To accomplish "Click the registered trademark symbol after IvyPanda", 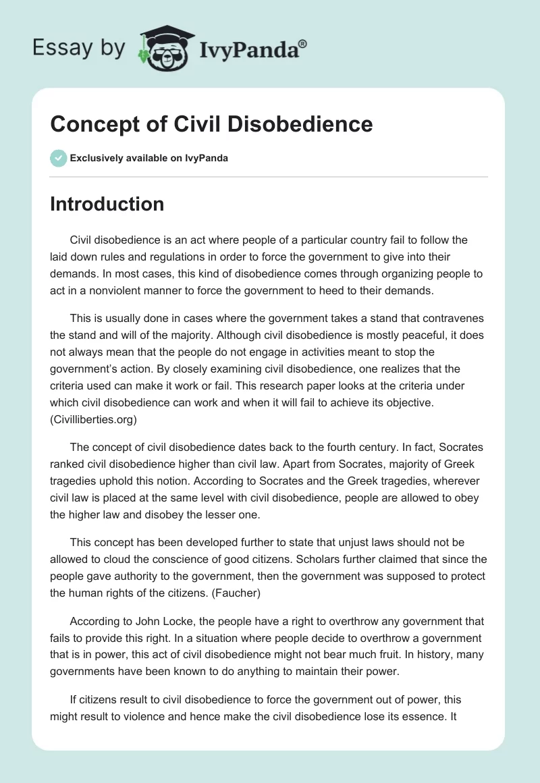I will point(303,44).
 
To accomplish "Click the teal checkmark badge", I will point(58,159).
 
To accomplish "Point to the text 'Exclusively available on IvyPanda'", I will point(149,159).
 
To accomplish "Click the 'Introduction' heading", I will point(107,204).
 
